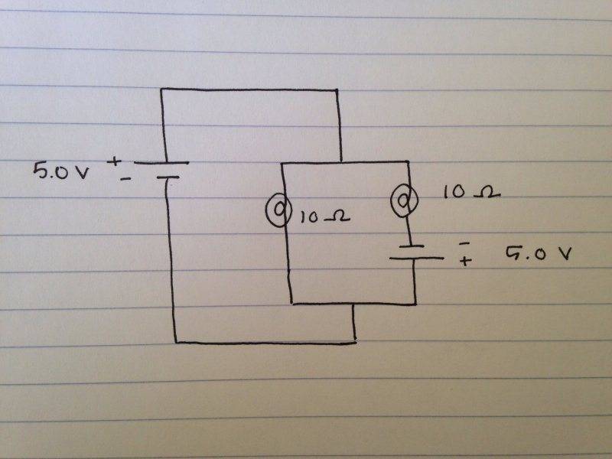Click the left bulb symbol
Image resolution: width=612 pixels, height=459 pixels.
point(276,209)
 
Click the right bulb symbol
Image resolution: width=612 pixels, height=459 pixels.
point(402,201)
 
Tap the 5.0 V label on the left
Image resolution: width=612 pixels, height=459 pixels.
point(60,170)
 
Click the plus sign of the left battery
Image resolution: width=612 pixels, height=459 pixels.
point(116,161)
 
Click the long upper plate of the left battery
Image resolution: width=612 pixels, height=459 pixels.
point(161,163)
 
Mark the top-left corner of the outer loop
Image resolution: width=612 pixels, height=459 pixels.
point(161,90)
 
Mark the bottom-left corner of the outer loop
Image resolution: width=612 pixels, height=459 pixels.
point(175,342)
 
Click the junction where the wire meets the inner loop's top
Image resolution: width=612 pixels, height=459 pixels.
point(339,162)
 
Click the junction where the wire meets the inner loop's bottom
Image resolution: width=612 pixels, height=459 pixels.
point(354,303)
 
